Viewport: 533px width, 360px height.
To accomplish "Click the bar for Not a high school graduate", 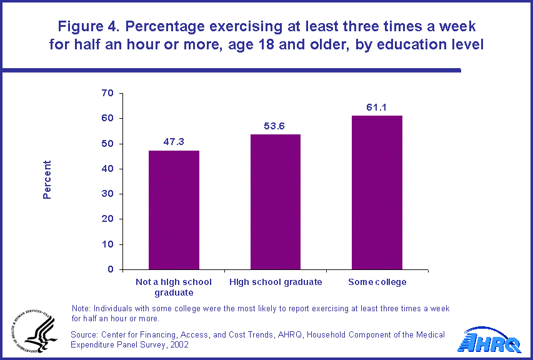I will point(174,210).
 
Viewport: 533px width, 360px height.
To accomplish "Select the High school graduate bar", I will point(276,202).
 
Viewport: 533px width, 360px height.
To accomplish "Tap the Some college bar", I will point(377,192).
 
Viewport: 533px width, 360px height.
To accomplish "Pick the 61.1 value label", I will point(377,107).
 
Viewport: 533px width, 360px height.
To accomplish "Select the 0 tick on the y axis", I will point(110,269).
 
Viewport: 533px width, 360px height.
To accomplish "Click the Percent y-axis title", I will point(47,180).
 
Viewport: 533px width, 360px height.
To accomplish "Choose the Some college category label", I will point(377,282).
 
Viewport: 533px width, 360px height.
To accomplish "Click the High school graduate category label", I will point(276,282).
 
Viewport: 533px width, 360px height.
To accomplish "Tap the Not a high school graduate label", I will point(174,287).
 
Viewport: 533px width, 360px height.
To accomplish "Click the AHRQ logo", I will point(491,342).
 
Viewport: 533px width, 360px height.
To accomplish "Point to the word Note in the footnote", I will point(81,309).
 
